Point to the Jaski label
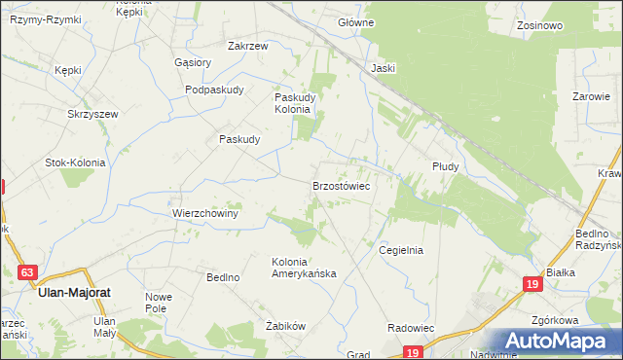click(383, 68)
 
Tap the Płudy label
click(445, 166)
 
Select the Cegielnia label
click(401, 250)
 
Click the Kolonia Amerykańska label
click(304, 268)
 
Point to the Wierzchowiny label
click(205, 213)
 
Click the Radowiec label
click(410, 329)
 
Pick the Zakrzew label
click(248, 45)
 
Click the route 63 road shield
click(27, 273)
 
